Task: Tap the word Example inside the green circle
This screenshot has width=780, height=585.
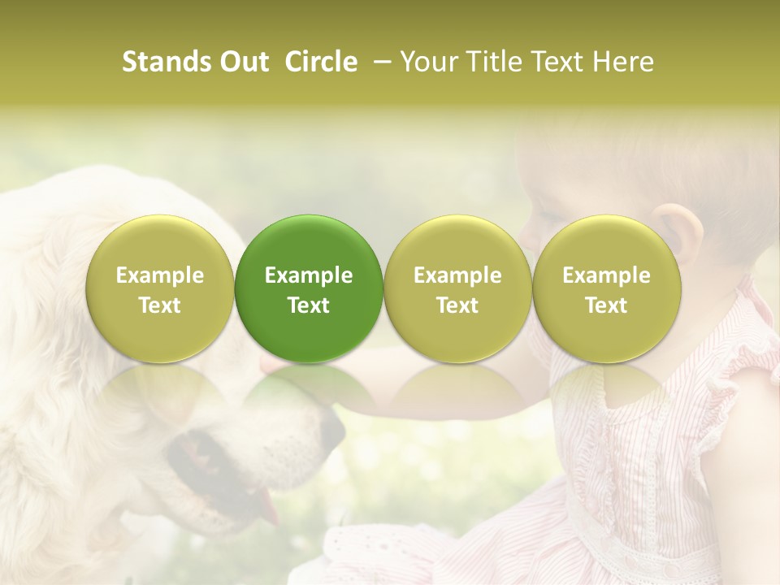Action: pos(309,275)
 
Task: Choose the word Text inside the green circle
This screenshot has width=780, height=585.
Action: pos(309,305)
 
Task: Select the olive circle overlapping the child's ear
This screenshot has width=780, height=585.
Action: pos(607,288)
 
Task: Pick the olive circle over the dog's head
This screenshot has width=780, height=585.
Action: pos(160,288)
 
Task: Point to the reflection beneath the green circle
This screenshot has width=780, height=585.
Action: pos(309,390)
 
